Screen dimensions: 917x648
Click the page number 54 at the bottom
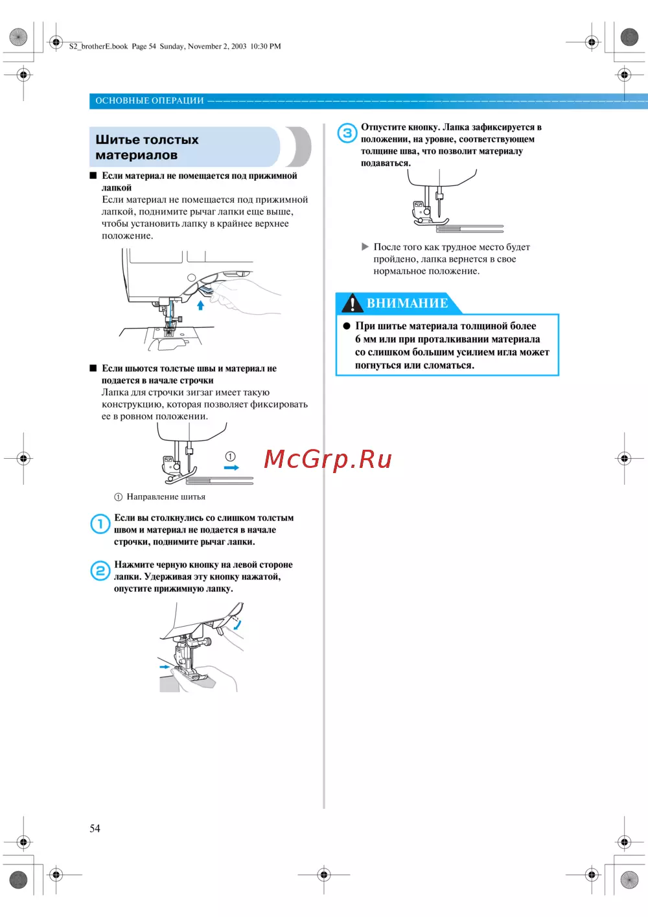tap(95, 828)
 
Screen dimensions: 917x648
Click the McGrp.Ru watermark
tap(328, 459)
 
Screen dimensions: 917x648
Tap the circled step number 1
tap(100, 524)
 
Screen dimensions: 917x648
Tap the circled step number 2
tap(100, 570)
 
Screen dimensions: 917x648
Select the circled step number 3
tap(347, 133)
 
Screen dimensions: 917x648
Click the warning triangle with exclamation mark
tap(352, 303)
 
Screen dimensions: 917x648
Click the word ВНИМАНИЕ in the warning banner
tap(407, 303)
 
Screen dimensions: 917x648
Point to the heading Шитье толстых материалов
tap(147, 147)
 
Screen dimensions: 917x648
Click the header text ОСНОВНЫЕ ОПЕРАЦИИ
tap(150, 100)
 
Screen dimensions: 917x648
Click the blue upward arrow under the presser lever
tap(201, 305)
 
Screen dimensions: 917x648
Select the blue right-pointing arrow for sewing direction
tap(231, 467)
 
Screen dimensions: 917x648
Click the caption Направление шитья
tap(166, 497)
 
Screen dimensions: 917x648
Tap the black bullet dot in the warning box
tap(347, 326)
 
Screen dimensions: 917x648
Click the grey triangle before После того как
tap(365, 247)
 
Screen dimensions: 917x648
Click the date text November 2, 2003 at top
tap(217, 46)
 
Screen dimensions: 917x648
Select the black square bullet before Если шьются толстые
tap(93, 368)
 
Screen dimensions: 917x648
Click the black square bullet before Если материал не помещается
tap(93, 176)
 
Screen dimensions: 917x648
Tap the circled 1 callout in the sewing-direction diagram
tap(230, 456)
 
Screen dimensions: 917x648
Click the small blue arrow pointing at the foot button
tap(164, 666)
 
